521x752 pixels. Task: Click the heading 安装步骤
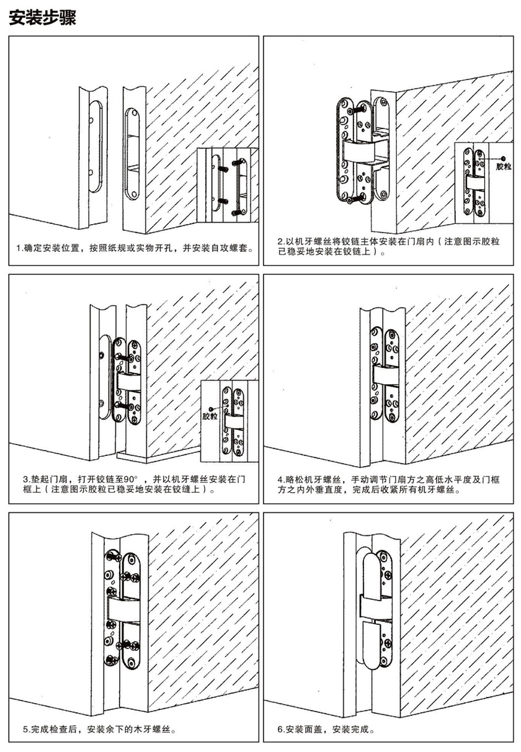point(42,17)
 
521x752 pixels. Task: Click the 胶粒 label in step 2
point(503,167)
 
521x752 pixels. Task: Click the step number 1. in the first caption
point(21,249)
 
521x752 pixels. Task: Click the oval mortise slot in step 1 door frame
point(131,154)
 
